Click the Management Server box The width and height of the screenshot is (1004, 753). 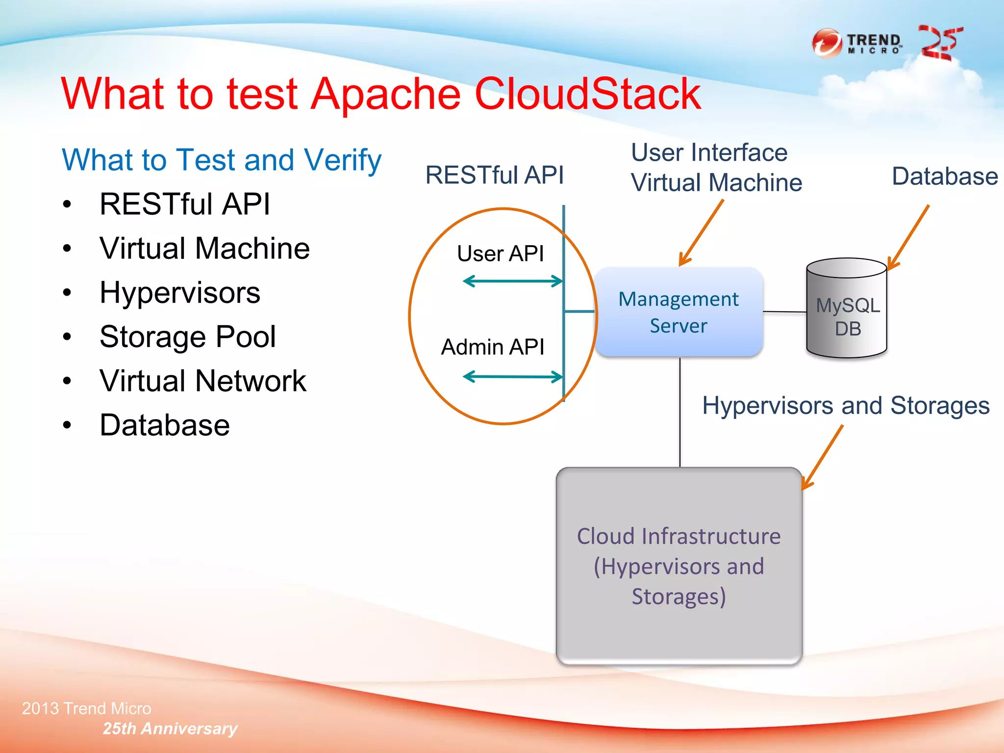click(x=678, y=312)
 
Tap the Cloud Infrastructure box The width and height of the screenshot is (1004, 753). click(x=679, y=566)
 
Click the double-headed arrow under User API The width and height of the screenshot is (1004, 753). click(x=513, y=281)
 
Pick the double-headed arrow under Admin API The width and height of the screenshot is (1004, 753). click(x=513, y=376)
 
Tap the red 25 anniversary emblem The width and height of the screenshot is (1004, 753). click(x=940, y=43)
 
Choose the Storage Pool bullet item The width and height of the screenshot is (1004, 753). click(x=187, y=337)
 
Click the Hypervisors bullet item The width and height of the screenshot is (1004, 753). click(x=179, y=293)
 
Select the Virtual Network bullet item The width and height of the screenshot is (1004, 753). click(x=202, y=381)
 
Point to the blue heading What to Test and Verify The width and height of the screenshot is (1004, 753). click(x=222, y=160)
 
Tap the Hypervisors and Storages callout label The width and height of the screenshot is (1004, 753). click(x=846, y=405)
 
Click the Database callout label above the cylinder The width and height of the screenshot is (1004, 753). click(x=944, y=176)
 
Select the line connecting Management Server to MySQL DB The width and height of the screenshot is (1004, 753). click(x=785, y=312)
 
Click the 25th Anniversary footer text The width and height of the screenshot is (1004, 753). click(x=170, y=728)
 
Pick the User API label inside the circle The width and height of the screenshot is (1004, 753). click(x=500, y=253)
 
